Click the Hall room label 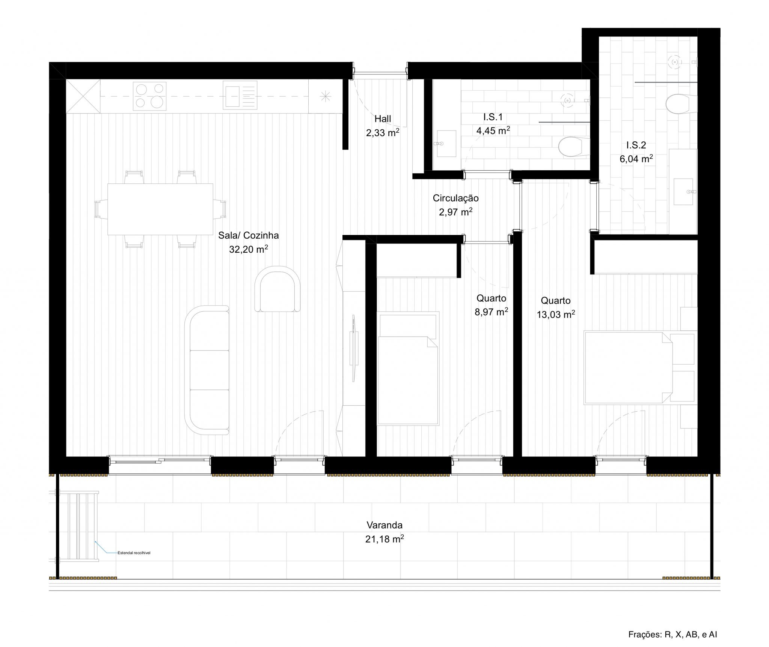coord(382,119)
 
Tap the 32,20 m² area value coord(248,249)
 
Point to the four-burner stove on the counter coord(150,96)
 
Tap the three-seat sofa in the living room coord(207,370)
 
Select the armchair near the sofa coord(277,289)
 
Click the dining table coord(160,209)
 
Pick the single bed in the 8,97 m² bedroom coord(408,368)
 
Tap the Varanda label coord(384,525)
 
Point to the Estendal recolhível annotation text coord(134,553)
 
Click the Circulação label coord(455,198)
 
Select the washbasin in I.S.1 coord(446,144)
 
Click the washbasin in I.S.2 coord(683,191)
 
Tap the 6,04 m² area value coord(636,159)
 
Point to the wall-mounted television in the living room coord(353,342)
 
